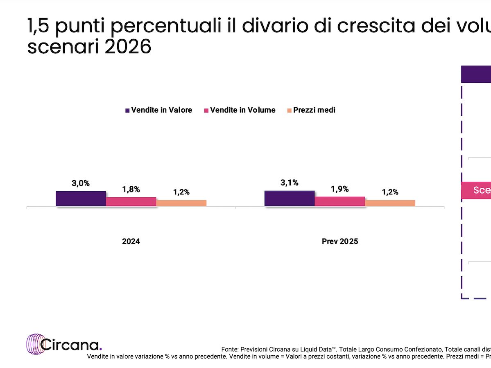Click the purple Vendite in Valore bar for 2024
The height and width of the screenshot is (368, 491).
[81, 199]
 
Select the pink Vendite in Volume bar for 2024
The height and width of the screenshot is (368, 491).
[131, 202]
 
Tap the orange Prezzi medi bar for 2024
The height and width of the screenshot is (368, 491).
[181, 203]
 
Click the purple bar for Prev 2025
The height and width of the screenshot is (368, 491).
[290, 198]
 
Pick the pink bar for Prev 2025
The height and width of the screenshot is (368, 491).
[340, 201]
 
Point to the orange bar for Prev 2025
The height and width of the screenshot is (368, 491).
[390, 203]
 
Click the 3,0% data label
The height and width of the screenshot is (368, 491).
[81, 183]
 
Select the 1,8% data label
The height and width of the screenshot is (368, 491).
[131, 190]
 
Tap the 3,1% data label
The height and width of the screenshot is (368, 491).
[290, 183]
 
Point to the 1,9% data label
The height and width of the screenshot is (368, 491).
[340, 189]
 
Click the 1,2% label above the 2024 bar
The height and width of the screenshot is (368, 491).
[181, 192]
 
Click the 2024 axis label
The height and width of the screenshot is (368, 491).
[131, 242]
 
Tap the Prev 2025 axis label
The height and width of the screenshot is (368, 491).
[340, 242]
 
